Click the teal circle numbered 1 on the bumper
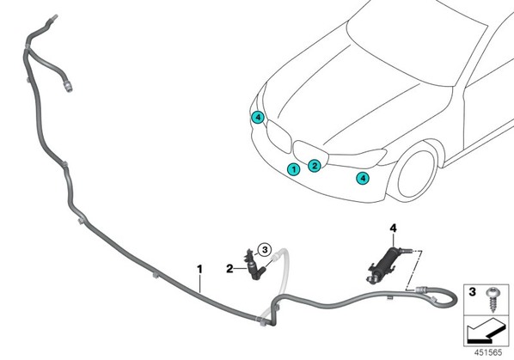click(294, 169)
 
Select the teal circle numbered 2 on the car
click(315, 166)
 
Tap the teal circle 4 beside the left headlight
click(258, 117)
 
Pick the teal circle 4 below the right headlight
click(363, 178)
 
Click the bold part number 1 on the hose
click(199, 269)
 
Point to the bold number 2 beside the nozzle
click(229, 269)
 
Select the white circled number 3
click(265, 250)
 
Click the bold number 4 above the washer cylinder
click(393, 228)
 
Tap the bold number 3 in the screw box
click(472, 291)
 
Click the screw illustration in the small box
click(492, 300)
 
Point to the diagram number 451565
click(488, 352)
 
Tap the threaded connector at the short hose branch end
click(68, 87)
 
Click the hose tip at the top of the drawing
click(54, 17)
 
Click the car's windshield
click(416, 43)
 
